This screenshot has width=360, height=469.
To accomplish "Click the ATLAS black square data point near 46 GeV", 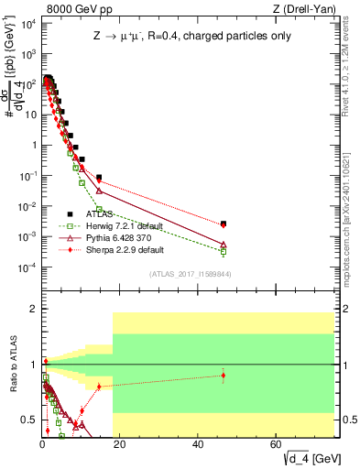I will point(224,223).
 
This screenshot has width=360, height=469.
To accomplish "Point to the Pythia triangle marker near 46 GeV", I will point(224,245).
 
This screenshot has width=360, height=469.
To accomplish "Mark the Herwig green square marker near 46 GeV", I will point(224,251).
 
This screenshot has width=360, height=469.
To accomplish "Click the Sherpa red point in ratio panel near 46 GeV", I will point(224,376).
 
